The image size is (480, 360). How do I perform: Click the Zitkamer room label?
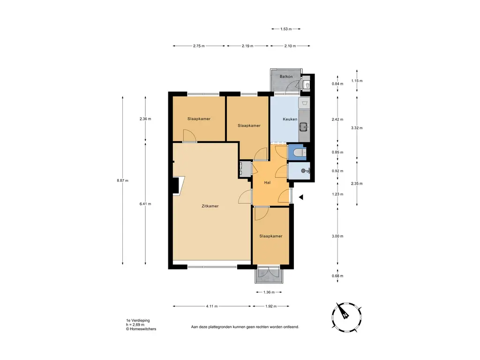pos(210,206)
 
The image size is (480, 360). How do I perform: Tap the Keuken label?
pos(290,119)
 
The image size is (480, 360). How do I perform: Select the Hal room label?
pos(267,182)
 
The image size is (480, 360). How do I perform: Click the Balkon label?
pos(286,76)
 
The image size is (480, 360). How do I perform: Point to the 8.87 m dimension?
pos(122,180)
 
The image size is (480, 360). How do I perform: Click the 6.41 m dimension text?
pos(145,204)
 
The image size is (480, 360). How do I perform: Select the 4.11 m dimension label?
pos(212,306)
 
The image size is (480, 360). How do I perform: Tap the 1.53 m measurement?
pos(286,29)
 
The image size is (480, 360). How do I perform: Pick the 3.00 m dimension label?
pos(337,236)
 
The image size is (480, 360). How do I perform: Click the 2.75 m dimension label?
pos(199,46)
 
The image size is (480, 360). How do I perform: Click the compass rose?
pos(347,317)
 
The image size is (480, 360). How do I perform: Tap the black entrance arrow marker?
pos(301,197)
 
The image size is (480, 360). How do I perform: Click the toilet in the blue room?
pos(299,152)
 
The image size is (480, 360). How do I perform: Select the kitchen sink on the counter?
pos(304,126)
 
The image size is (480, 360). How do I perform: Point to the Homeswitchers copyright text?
pos(141,329)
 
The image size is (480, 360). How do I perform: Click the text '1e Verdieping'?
pos(138,321)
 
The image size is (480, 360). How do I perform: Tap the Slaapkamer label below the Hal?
pos(270,236)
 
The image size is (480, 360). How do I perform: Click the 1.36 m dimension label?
pos(269,292)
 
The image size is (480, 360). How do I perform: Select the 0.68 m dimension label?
pos(337,276)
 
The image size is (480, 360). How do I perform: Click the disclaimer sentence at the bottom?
pos(245,327)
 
